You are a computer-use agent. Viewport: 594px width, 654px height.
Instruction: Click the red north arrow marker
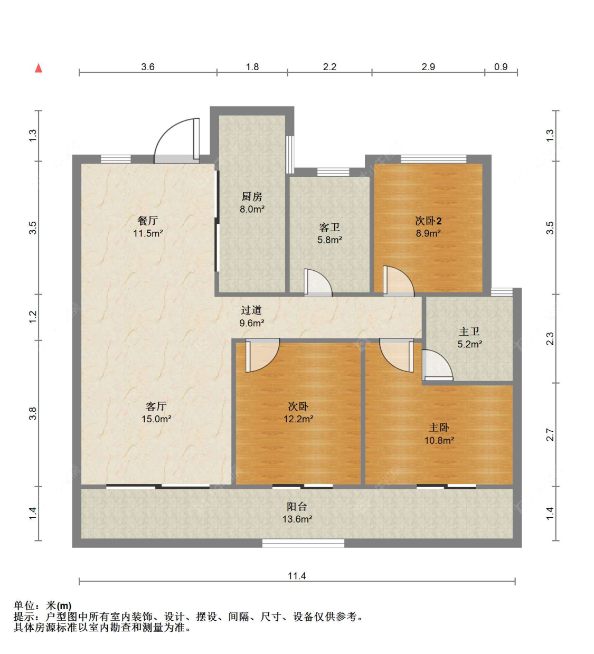(39, 68)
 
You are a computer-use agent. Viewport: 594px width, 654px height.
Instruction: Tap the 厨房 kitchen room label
(252, 197)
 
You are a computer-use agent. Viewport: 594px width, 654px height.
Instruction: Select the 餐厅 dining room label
(148, 221)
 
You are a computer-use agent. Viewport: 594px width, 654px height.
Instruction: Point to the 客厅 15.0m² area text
(156, 419)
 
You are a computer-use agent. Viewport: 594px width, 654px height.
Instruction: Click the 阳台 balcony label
(297, 507)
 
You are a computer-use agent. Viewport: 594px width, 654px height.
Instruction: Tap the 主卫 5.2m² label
(469, 344)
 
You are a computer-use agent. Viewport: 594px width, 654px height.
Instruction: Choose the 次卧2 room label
(428, 221)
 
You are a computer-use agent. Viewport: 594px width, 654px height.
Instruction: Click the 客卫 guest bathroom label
(329, 228)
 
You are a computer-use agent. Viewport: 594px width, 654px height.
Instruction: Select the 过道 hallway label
(251, 310)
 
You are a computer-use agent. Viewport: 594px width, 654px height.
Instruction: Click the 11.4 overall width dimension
(297, 576)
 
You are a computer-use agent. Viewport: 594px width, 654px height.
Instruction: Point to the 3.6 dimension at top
(148, 67)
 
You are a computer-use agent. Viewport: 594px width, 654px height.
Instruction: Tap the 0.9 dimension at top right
(501, 67)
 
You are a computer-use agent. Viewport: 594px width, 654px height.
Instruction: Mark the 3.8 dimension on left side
(33, 413)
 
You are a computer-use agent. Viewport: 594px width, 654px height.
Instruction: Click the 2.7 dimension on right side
(550, 435)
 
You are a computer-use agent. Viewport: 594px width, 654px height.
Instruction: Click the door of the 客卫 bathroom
(317, 283)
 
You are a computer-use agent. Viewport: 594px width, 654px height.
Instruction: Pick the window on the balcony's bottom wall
(303, 543)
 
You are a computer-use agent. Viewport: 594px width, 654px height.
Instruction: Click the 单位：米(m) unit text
(43, 605)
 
